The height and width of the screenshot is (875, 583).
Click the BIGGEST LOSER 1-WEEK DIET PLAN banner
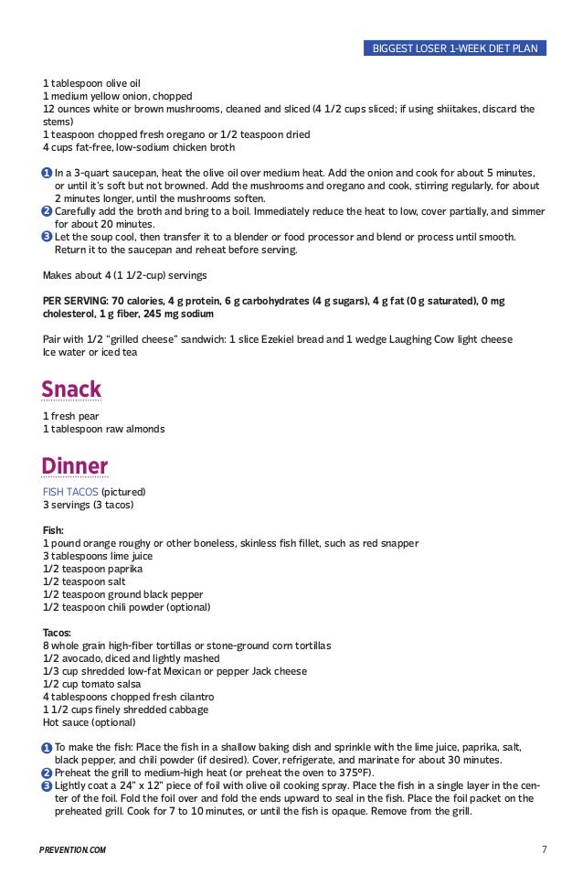(454, 48)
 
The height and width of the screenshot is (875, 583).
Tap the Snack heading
(70, 390)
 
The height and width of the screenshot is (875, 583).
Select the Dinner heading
(74, 466)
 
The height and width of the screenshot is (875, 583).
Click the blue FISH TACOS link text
(70, 492)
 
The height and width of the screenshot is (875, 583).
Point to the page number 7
(544, 850)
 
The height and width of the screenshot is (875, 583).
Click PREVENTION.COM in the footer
(74, 850)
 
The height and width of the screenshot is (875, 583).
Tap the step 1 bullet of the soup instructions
(47, 174)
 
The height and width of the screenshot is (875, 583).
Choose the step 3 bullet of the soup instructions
(47, 238)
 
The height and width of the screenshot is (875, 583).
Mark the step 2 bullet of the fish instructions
(47, 773)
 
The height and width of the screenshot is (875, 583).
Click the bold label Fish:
(54, 530)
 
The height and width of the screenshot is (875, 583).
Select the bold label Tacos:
(58, 633)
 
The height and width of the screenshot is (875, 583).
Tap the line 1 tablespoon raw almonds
(104, 429)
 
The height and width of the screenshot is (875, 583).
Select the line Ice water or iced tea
(90, 352)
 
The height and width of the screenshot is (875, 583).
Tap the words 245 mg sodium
(179, 314)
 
